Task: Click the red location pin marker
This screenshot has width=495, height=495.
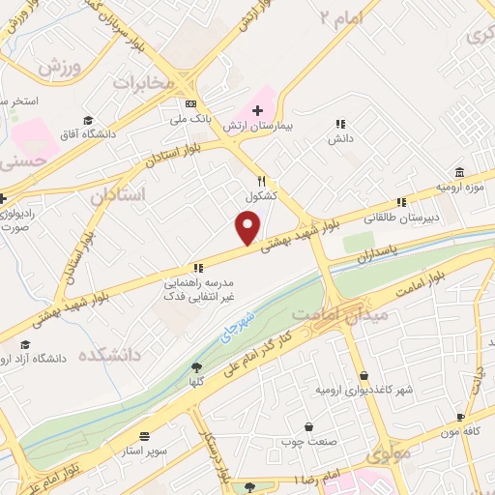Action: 248,228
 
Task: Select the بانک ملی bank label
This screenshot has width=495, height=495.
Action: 189,119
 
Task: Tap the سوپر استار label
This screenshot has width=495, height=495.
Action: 145,451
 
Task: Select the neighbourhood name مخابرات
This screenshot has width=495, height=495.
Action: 145,84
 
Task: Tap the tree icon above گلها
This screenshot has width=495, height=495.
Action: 198,367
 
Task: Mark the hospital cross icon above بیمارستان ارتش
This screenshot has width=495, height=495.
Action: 257,111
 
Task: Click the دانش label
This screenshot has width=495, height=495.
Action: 339,139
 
